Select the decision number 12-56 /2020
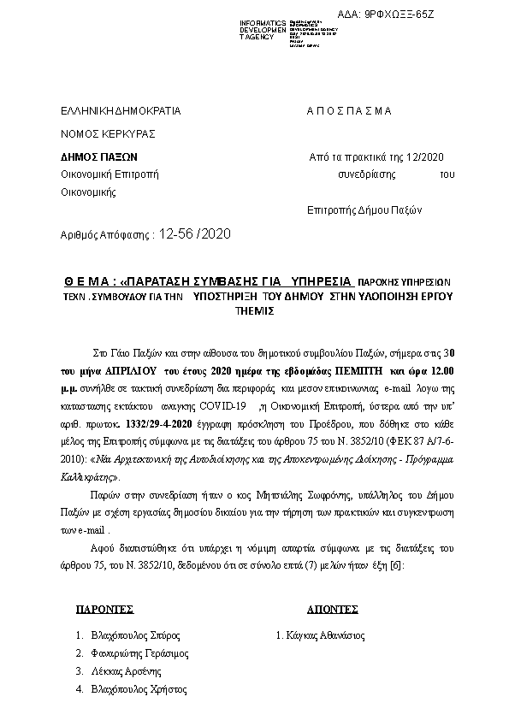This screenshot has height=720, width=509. click(195, 233)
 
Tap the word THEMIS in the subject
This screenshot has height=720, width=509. click(254, 311)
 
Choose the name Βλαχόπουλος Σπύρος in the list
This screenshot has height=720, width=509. click(136, 635)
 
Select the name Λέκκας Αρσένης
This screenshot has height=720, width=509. click(127, 671)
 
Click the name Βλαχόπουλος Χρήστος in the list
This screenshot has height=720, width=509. click(139, 689)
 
